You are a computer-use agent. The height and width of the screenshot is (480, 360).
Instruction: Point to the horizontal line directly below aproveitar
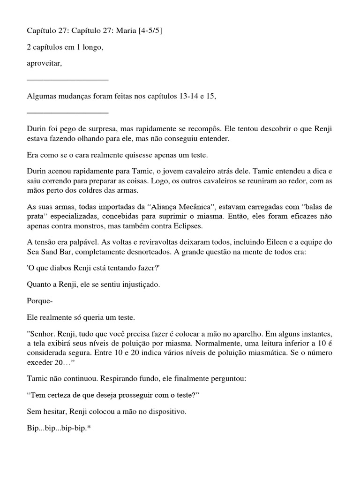click(x=67, y=80)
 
